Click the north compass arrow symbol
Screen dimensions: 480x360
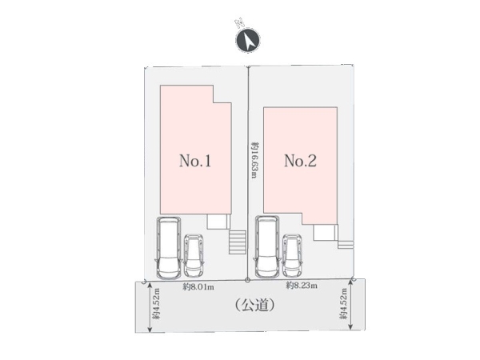pos(248,40)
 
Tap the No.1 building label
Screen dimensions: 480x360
pos(195,161)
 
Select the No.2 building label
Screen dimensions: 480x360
pos(300,161)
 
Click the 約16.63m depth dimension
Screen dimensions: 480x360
pos(254,159)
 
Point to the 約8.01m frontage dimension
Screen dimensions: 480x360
pos(198,287)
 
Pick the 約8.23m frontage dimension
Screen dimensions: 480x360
pos(302,286)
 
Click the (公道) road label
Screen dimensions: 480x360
pos(254,305)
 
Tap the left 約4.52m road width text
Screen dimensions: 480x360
pos(157,304)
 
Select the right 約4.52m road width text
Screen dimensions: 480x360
pos(344,304)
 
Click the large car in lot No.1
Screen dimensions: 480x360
pos(168,248)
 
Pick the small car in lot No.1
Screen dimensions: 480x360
pos(194,256)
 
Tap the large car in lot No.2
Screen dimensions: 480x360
pos(267,247)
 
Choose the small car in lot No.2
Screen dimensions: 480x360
pos(292,256)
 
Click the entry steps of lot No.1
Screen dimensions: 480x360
pos(238,242)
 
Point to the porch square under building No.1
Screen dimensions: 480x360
pos(218,222)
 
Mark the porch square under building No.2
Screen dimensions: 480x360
pos(326,232)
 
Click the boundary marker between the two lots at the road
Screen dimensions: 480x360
pos(248,280)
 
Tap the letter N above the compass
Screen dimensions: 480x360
pos(239,22)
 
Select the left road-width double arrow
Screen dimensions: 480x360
pos(150,307)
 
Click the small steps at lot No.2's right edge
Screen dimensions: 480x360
pos(346,245)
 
